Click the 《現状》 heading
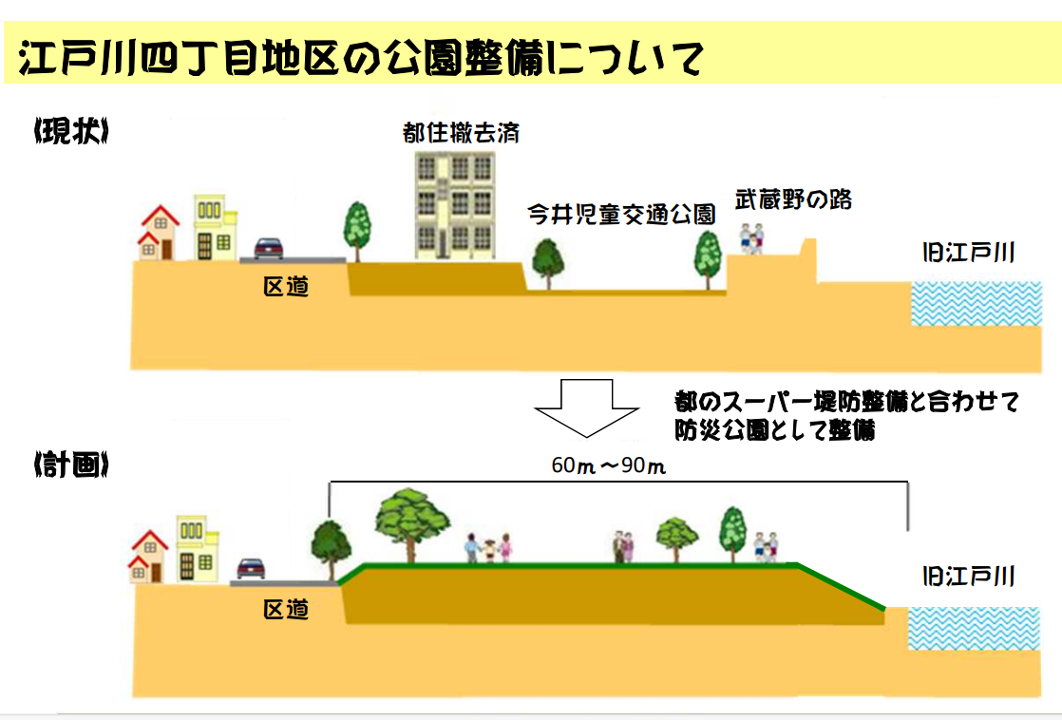coord(71,131)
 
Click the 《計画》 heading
coord(71,464)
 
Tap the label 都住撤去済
coord(461,133)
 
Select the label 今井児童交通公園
coord(621,214)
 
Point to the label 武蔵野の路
coord(793,199)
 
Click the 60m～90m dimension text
coord(608,465)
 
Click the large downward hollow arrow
coord(586,407)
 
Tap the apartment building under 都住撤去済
coord(454,205)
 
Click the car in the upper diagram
coord(268,248)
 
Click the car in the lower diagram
coord(251,569)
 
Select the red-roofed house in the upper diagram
coord(159,233)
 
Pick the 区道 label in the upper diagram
coord(286,287)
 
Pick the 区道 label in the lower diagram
coord(286,609)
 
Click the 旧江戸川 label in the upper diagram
coord(969,254)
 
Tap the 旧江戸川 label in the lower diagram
coord(969,577)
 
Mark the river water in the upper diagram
coord(976,303)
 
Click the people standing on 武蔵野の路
coord(751,238)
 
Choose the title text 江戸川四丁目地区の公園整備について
coord(361,57)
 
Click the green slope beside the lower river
coord(842,586)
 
